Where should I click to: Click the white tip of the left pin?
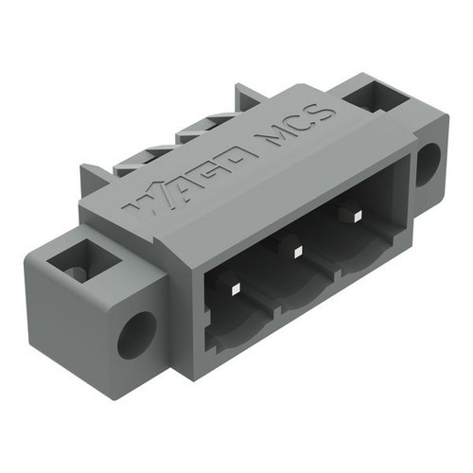pos(236,289)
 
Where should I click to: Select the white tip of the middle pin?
pos(297,252)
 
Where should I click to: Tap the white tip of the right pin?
pos(358,217)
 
